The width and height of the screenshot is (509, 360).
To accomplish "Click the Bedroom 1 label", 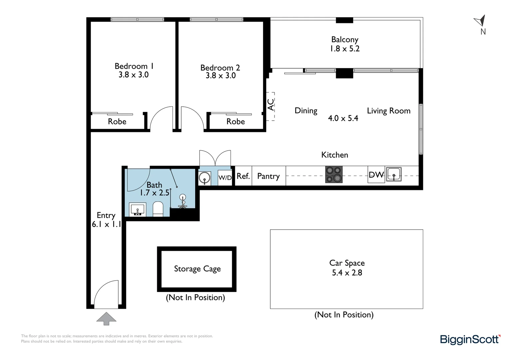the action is [x=134, y=66].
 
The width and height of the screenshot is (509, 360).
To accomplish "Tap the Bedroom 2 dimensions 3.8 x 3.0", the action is [x=221, y=76].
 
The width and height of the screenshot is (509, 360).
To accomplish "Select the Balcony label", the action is [x=345, y=40].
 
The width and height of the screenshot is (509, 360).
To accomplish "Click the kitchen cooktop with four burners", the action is [x=334, y=174].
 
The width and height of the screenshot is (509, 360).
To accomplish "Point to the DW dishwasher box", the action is [x=376, y=175].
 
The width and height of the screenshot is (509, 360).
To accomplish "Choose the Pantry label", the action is [x=268, y=176].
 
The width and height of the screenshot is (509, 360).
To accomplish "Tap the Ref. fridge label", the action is [x=243, y=176].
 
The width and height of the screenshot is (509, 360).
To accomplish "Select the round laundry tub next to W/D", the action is [x=205, y=178].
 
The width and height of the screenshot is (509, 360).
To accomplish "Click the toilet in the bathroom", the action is [x=158, y=209].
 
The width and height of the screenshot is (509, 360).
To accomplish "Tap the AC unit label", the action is [x=270, y=105].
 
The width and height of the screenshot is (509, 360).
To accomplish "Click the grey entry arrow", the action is [x=106, y=318].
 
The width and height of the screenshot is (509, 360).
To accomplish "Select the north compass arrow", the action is [x=480, y=20].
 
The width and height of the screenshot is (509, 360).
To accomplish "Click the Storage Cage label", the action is [x=197, y=269].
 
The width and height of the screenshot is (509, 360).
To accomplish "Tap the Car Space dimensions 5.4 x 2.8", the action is [x=347, y=273].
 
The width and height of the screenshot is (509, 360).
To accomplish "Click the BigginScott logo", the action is [x=470, y=340].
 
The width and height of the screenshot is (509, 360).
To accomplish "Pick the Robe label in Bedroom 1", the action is [x=117, y=121].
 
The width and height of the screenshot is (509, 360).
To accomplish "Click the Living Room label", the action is [x=389, y=111].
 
